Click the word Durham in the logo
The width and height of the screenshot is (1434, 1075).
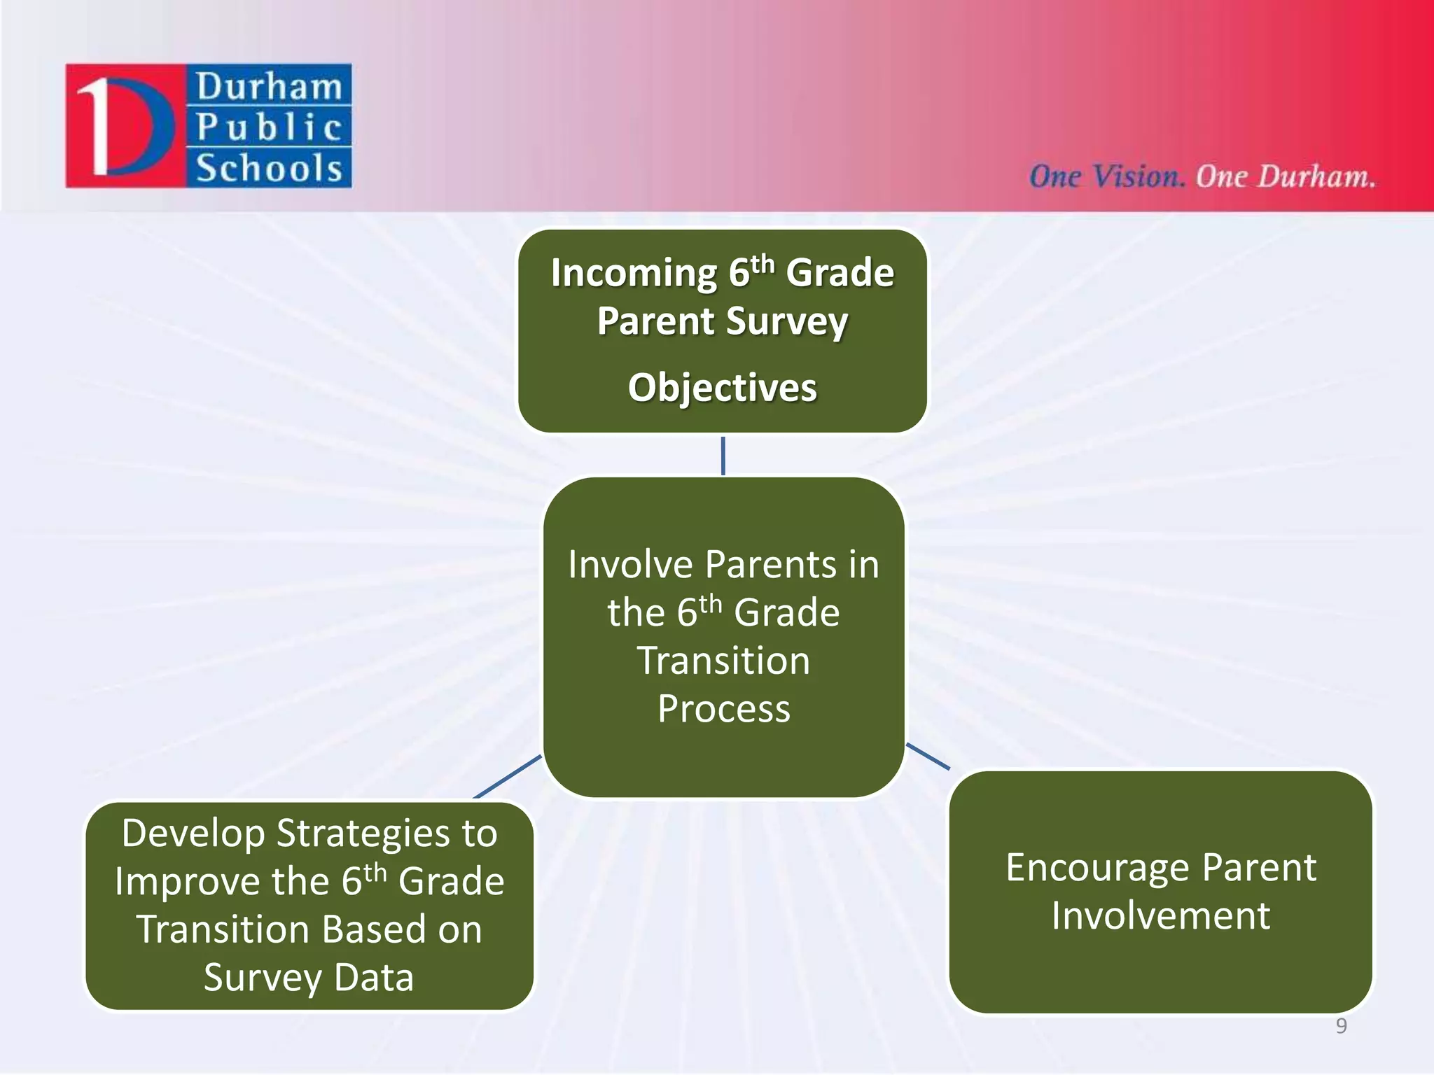(x=269, y=87)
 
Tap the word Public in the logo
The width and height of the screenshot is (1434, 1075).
(x=269, y=127)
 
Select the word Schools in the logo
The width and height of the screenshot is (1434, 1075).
(x=269, y=169)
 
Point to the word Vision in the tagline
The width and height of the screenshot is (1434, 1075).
(x=1137, y=176)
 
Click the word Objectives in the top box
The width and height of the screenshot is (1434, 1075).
(x=722, y=387)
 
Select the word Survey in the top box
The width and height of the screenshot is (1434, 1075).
(x=786, y=321)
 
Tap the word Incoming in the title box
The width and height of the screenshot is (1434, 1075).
(x=633, y=272)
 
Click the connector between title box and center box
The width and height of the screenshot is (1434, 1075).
(x=723, y=456)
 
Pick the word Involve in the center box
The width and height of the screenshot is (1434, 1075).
(x=631, y=564)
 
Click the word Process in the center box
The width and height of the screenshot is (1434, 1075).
(x=724, y=708)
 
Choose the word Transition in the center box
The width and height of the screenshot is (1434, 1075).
(x=724, y=661)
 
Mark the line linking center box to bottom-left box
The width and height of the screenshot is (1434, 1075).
(x=508, y=777)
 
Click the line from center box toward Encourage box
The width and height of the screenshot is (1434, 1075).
(x=928, y=757)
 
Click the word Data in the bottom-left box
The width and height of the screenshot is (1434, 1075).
(x=374, y=977)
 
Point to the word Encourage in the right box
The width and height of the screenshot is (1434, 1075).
(x=1097, y=868)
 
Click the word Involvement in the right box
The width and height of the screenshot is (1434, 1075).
(x=1160, y=915)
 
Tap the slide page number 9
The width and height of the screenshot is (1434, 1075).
(x=1341, y=1025)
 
